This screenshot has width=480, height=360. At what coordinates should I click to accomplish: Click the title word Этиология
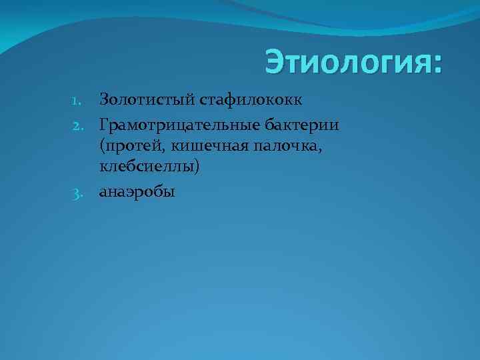pyautogui.click(x=347, y=63)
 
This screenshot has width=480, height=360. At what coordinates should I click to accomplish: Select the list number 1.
pyautogui.click(x=76, y=101)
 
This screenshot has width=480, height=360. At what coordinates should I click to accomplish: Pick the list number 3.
pyautogui.click(x=76, y=193)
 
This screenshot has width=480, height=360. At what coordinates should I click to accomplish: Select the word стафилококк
pyautogui.click(x=251, y=101)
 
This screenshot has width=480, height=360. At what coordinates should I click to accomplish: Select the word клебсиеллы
pyautogui.click(x=146, y=169)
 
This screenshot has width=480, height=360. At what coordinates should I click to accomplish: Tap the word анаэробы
pyautogui.click(x=137, y=193)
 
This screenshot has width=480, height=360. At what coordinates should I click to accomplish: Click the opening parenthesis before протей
pyautogui.click(x=102, y=147)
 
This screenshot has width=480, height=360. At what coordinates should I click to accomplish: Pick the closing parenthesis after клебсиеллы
pyautogui.click(x=197, y=170)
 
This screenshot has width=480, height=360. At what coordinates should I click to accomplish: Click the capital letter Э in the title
pyautogui.click(x=274, y=63)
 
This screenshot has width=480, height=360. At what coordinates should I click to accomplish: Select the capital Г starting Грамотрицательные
pyautogui.click(x=105, y=123)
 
